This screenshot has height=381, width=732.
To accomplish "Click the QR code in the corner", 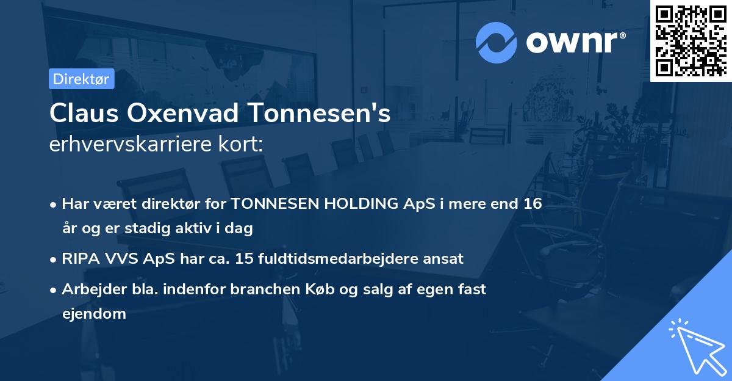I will (x=691, y=40).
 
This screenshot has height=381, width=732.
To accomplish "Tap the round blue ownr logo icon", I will (x=497, y=43).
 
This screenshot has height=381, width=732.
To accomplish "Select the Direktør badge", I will (x=81, y=79).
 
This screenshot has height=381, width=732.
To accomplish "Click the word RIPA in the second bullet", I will (x=80, y=259).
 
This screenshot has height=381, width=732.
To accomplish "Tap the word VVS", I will (x=120, y=259).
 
